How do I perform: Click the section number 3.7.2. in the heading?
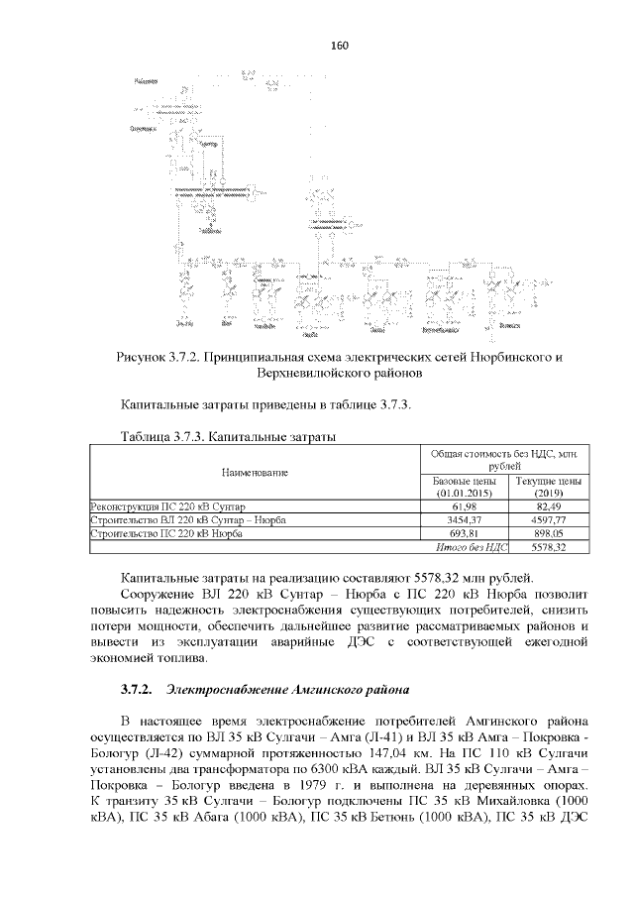[x=135, y=688]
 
